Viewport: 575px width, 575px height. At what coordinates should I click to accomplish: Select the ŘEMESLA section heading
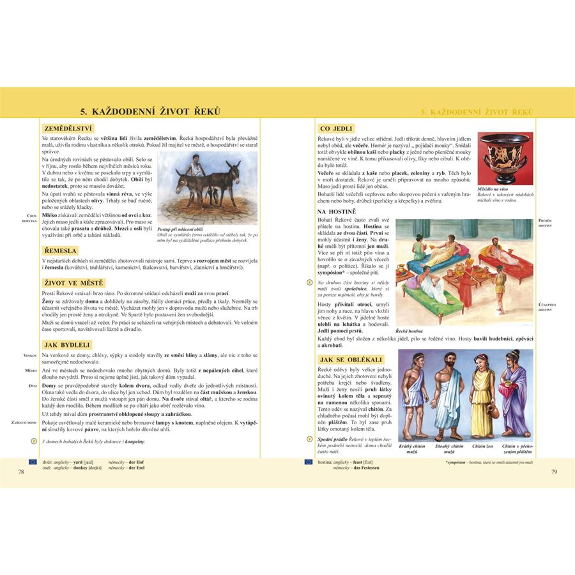(60, 251)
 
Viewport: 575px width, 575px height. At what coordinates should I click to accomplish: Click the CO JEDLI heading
(336, 128)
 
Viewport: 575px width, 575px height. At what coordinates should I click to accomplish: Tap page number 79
(554, 471)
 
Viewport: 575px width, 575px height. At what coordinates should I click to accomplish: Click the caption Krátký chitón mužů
(413, 448)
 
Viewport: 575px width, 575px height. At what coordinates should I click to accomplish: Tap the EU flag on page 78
(33, 461)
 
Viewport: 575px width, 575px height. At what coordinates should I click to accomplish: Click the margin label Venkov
(30, 355)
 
